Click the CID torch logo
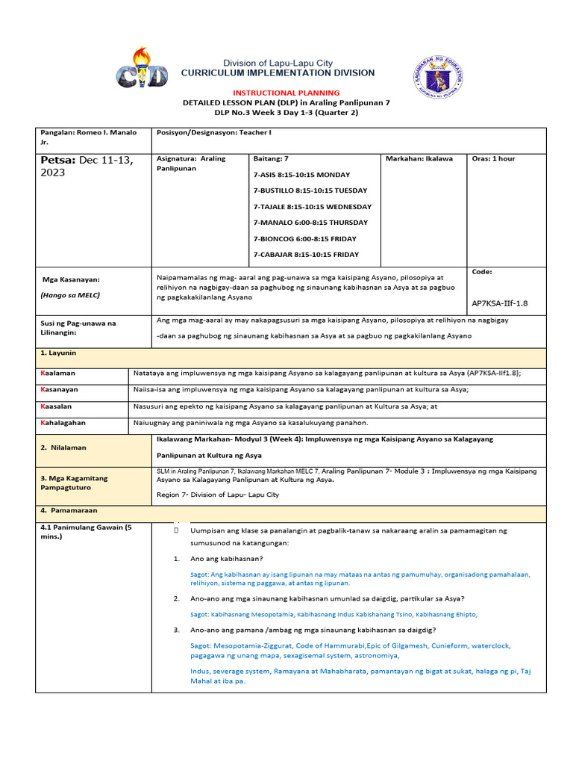[146, 69]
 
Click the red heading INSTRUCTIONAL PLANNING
[286, 93]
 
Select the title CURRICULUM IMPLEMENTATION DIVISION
[278, 73]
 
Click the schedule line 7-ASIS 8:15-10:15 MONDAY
[301, 175]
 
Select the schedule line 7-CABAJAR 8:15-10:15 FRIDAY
[306, 255]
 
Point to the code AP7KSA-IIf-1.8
[501, 304]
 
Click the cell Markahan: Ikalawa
[419, 159]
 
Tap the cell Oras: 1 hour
[493, 159]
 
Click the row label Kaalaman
[58, 373]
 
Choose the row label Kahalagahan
[63, 423]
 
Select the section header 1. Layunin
[59, 352]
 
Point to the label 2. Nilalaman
[63, 447]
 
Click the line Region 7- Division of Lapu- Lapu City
[218, 495]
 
